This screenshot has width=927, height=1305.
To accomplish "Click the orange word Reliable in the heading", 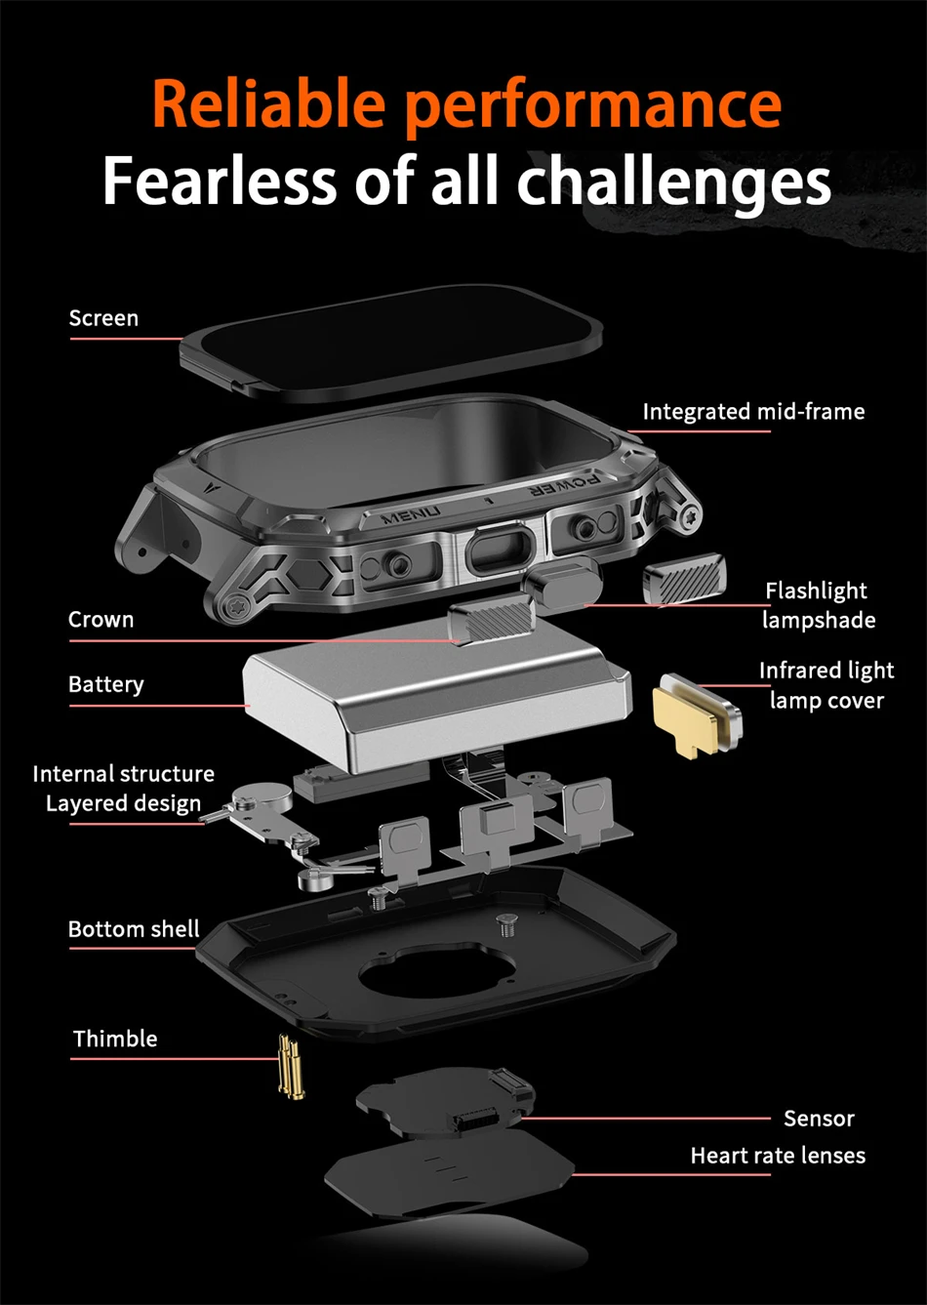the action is click(269, 103).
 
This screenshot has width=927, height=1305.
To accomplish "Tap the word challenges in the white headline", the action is click(673, 181).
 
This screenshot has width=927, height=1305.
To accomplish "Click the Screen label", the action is click(103, 318).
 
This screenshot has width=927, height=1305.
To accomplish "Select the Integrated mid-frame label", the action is click(753, 411).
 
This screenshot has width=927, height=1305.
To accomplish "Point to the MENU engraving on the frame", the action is click(411, 515).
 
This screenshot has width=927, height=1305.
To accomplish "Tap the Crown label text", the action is click(101, 619).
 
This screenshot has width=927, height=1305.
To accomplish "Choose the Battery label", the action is click(106, 684).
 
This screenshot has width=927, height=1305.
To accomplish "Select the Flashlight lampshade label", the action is click(818, 605).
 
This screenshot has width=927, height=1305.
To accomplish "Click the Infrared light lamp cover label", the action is click(826, 685).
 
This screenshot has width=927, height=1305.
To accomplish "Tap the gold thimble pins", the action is click(291, 1067).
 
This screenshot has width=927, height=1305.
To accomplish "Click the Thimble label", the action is click(115, 1039).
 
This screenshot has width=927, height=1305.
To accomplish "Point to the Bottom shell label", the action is click(134, 928).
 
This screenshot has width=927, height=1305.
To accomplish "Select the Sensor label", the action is click(819, 1118).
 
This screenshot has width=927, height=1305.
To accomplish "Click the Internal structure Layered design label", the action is click(124, 789).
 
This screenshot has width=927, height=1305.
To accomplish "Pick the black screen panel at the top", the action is click(391, 344).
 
